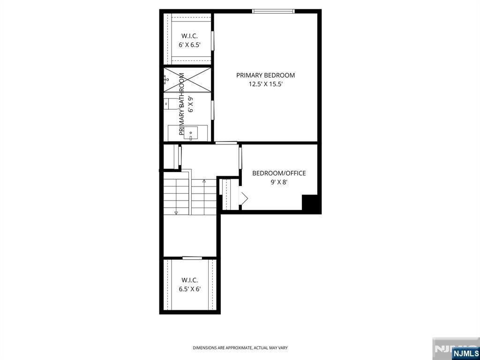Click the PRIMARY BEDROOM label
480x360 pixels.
[265, 75]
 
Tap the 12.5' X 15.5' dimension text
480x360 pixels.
[265, 84]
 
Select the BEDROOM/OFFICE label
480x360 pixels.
[279, 173]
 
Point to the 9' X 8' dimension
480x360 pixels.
[279, 182]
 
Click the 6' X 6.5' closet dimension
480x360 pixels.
[190, 45]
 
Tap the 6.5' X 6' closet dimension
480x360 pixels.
[190, 289]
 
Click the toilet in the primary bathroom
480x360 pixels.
[170, 104]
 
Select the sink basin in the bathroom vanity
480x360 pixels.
[190, 133]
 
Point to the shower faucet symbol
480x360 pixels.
[166, 80]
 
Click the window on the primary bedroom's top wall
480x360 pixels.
[273, 11]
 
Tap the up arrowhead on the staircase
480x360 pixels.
[204, 181]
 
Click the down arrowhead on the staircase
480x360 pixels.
[176, 212]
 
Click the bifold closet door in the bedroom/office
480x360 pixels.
[244, 198]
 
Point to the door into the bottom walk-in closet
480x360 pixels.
[192, 258]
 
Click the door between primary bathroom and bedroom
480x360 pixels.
[212, 111]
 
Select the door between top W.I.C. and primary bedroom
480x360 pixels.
[212, 40]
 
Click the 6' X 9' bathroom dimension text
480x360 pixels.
[191, 105]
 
